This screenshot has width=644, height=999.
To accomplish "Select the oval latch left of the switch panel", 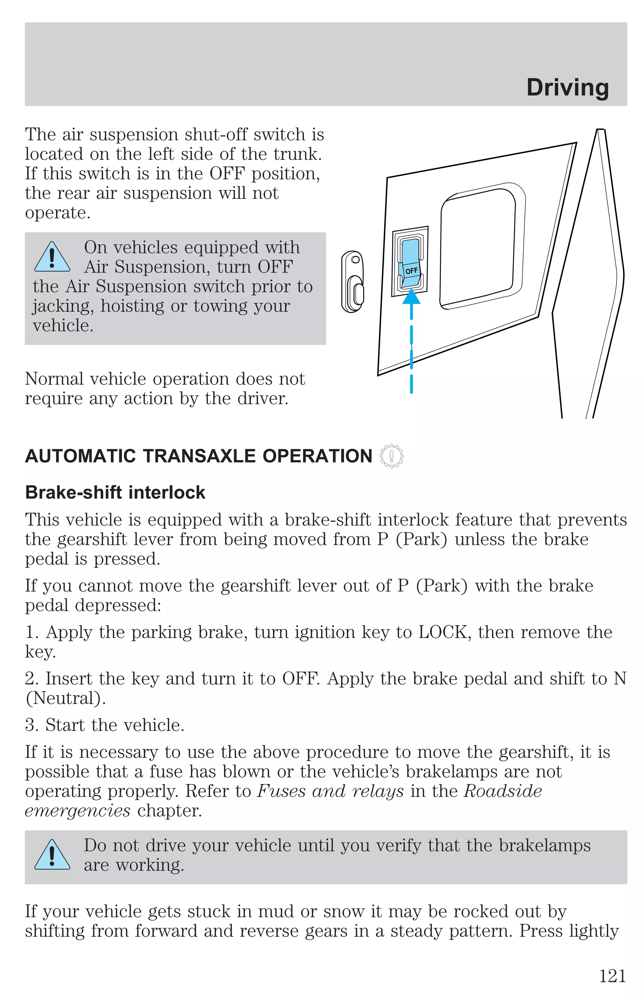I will tap(353, 282).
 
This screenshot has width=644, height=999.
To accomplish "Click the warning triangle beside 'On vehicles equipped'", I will tap(52, 258).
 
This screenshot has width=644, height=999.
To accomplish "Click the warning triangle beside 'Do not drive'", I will tap(52, 855).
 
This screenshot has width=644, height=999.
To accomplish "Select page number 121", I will tap(612, 976).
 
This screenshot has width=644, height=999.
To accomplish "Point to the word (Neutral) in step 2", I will tap(65, 698).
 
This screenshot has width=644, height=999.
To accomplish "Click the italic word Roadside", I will tap(503, 791).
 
